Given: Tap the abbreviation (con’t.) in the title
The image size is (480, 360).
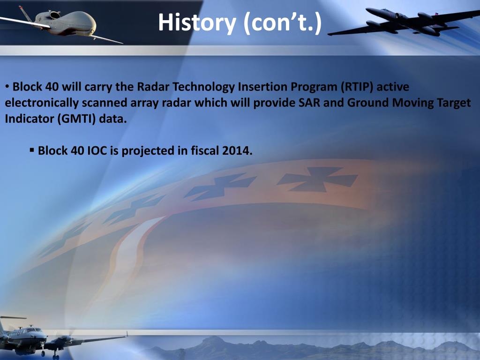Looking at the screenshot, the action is point(283,23).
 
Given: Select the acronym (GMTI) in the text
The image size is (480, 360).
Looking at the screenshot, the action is point(77,119).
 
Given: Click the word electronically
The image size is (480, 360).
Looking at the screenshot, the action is point(42,103).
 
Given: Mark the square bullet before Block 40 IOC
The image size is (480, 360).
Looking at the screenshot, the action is point(32,150).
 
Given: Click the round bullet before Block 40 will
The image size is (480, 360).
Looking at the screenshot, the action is point(7,87).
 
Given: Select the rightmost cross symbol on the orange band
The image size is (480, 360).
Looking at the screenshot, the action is point(317,180).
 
